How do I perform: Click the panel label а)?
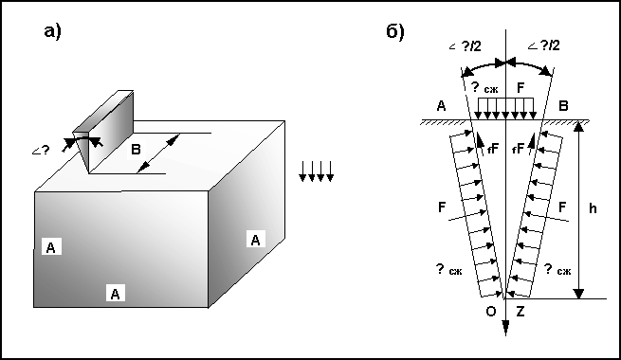(x=53, y=31)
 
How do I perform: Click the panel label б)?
(x=394, y=31)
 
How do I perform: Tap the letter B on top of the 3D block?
(x=136, y=150)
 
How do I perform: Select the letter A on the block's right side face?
(x=255, y=240)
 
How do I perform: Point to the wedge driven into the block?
(x=103, y=131)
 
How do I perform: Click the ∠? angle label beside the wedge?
(x=41, y=151)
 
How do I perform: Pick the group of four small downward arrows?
(x=316, y=171)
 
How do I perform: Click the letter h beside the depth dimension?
(x=593, y=208)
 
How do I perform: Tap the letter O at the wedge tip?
(x=491, y=312)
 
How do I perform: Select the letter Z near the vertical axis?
(x=520, y=312)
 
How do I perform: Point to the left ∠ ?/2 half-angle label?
(x=465, y=46)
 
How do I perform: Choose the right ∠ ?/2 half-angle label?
(x=544, y=45)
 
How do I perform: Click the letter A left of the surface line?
(x=441, y=106)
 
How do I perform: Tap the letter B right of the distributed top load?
(x=563, y=106)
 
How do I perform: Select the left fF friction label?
(x=493, y=149)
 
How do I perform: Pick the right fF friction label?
(x=518, y=149)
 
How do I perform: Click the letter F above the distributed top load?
(x=521, y=87)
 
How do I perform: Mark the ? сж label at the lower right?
(x=557, y=269)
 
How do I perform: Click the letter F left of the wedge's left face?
(x=442, y=207)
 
